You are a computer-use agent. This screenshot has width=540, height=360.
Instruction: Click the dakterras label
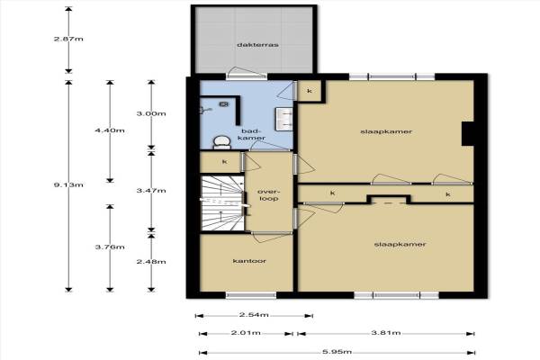click(x=257, y=45)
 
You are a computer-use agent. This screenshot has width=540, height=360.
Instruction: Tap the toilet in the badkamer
click(x=221, y=142)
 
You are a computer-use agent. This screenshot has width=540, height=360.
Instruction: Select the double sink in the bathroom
click(x=283, y=119)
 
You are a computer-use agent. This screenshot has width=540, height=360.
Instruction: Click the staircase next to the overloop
click(x=222, y=203)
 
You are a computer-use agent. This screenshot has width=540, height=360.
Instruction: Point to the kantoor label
click(x=249, y=261)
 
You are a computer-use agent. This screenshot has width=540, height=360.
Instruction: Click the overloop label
click(x=268, y=195)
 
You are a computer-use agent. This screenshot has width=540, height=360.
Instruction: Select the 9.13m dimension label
click(x=68, y=185)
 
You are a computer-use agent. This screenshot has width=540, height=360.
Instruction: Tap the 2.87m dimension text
click(x=68, y=39)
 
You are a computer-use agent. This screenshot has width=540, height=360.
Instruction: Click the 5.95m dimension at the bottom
click(x=337, y=352)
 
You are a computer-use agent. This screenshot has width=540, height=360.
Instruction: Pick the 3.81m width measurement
click(x=386, y=333)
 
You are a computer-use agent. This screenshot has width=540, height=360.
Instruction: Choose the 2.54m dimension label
click(x=254, y=314)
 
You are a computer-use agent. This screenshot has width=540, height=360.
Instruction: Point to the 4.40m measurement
click(x=110, y=130)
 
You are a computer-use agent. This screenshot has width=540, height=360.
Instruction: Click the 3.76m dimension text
click(x=110, y=247)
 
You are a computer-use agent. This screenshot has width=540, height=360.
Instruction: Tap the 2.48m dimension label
click(x=151, y=262)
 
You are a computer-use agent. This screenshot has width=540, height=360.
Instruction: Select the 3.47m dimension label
click(x=151, y=190)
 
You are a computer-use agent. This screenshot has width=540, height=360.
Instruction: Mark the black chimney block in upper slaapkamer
click(x=468, y=134)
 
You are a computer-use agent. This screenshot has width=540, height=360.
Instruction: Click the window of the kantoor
click(x=251, y=295)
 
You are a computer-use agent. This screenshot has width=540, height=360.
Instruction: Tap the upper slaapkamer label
click(x=386, y=131)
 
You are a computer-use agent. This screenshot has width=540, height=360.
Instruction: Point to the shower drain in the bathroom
click(x=224, y=103)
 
